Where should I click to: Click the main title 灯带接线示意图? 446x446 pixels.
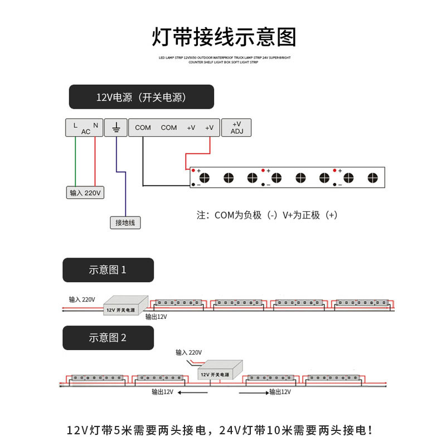[224, 37]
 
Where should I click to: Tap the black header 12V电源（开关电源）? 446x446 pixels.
[141, 97]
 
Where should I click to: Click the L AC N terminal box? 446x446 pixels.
[86, 128]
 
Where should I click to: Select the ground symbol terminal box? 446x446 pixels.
[117, 128]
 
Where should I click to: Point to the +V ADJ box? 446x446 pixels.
[236, 128]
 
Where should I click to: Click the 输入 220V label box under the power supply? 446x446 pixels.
[85, 193]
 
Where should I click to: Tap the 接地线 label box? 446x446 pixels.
[125, 222]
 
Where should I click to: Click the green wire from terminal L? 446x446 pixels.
[76, 162]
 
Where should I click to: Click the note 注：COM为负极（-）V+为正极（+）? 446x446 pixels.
[267, 215]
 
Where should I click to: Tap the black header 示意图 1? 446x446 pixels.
[108, 270]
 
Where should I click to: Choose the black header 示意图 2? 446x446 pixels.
[108, 337]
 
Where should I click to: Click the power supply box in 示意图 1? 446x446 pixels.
[125, 306]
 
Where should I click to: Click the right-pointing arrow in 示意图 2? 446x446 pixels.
[254, 392]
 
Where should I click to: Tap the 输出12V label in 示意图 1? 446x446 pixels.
[156, 317]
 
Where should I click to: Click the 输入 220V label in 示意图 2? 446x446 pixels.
[188, 352]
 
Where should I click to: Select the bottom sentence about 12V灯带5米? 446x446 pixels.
[224, 430]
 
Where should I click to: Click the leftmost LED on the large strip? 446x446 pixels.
[205, 178]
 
